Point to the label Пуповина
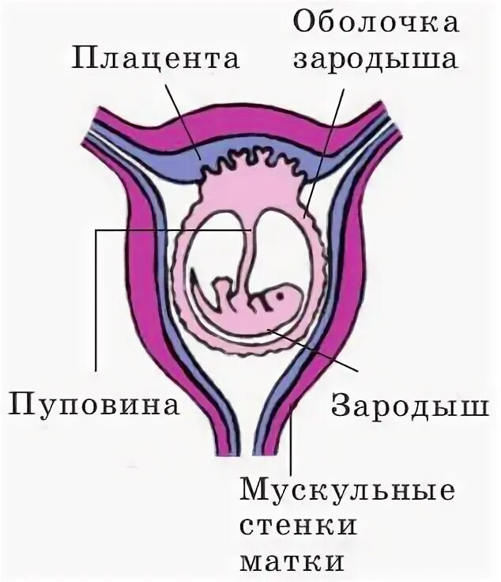pyautogui.click(x=93, y=407)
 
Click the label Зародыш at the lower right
pyautogui.click(x=408, y=406)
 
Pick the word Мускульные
pyautogui.click(x=347, y=488)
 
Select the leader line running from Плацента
pyautogui.click(x=186, y=119)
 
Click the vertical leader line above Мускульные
pyautogui.click(x=292, y=435)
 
